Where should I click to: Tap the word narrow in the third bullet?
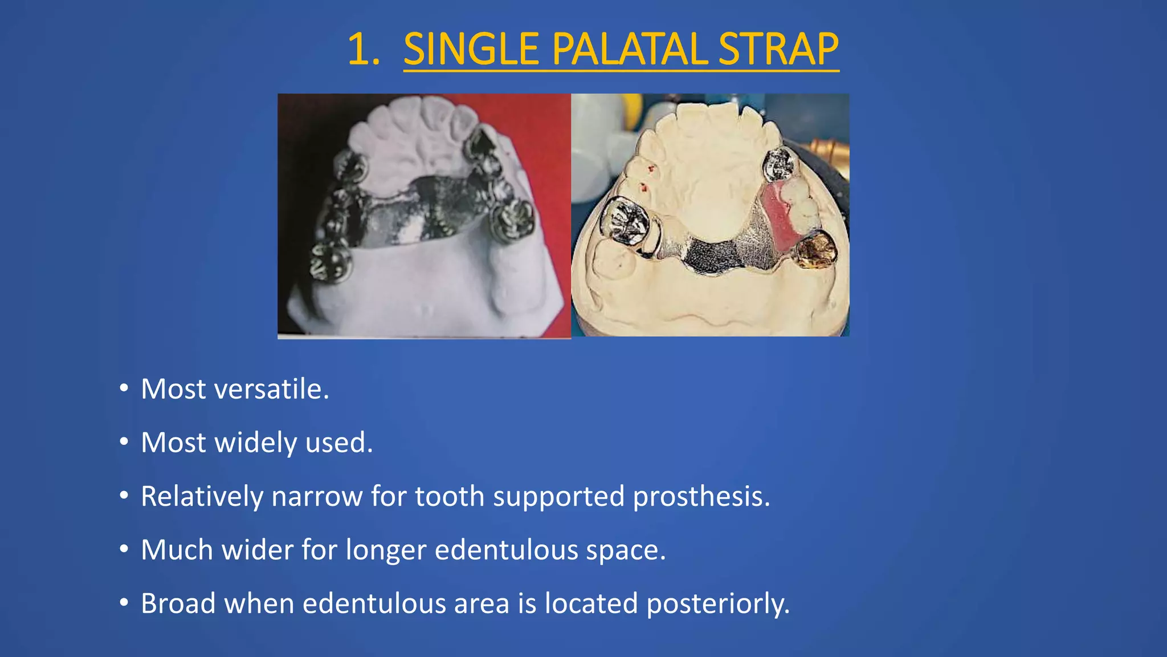coord(317,496)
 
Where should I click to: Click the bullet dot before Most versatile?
coord(124,388)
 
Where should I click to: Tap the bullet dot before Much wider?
coord(124,549)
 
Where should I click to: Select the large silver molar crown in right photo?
coord(625,221)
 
